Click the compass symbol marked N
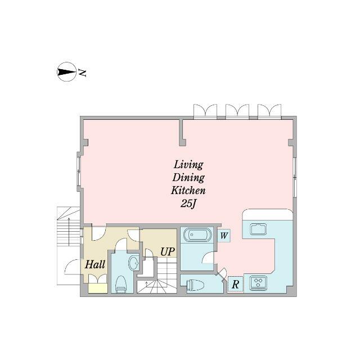point(67,73)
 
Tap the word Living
point(188,165)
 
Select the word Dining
point(188,178)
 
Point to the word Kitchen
point(188,191)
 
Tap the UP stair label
point(166,251)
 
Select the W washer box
point(223,236)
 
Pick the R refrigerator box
point(235,285)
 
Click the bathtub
point(197,235)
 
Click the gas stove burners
point(259,282)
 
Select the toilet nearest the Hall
point(120,284)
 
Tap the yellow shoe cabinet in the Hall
point(98,289)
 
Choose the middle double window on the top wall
point(237,111)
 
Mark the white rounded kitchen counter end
point(267,215)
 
